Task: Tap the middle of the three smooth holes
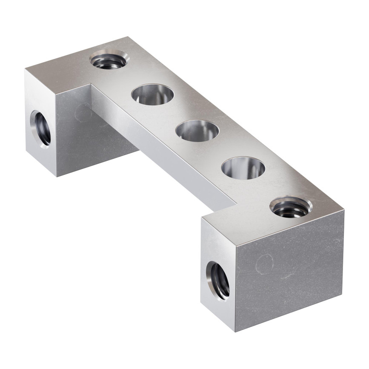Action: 197,130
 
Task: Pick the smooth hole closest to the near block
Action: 243,167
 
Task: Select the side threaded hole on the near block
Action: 218,280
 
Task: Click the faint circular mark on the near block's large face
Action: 265,263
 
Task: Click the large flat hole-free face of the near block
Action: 289,272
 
